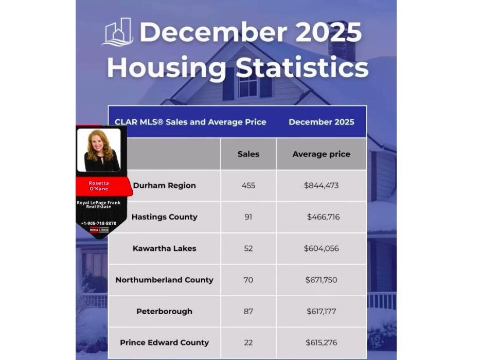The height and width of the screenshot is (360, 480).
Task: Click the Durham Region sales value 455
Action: click(248, 185)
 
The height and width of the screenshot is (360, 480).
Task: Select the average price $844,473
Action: click(322, 185)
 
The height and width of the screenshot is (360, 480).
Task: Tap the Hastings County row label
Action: click(164, 217)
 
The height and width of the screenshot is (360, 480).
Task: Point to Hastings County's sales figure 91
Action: click(248, 217)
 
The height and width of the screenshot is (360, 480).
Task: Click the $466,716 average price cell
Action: click(323, 217)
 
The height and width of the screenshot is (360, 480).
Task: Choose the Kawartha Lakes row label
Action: click(164, 248)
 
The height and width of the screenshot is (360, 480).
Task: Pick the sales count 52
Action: click(248, 248)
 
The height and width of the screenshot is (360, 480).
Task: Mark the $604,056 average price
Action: click(322, 248)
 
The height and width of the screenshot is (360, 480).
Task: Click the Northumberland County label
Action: click(164, 280)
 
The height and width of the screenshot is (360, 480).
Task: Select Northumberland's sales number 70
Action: click(248, 280)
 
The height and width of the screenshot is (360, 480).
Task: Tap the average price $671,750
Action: click(322, 280)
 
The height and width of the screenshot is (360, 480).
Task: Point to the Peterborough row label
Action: click(164, 311)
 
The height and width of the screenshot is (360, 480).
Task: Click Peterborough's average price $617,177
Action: click(322, 311)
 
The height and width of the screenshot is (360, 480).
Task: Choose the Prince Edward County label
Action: click(164, 343)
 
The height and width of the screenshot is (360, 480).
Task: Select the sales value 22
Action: click(248, 343)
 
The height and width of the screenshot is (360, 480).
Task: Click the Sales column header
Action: click(248, 154)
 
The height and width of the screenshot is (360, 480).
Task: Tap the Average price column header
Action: click(322, 154)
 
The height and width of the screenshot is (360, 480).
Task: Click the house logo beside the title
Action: click(119, 32)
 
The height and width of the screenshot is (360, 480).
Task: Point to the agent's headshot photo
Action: click(98, 150)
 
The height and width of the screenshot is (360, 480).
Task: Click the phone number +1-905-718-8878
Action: click(98, 223)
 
